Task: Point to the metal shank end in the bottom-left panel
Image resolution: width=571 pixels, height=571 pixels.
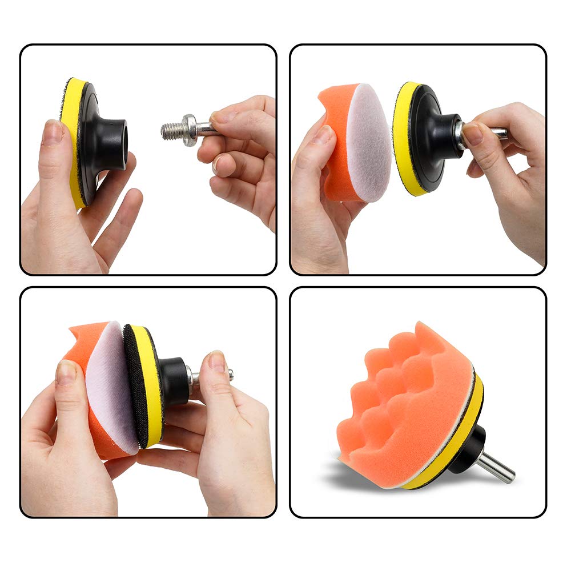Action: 229,374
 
